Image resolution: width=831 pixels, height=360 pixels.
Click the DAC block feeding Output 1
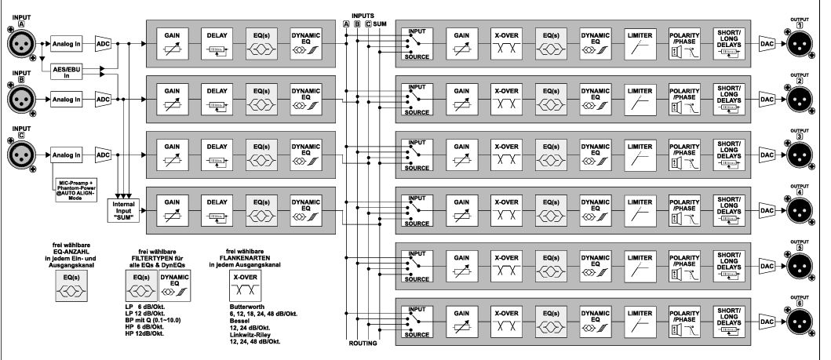tap(768, 45)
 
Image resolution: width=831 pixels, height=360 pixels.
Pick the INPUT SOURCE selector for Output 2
tap(417, 100)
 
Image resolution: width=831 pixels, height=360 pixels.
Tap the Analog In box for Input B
tap(68, 100)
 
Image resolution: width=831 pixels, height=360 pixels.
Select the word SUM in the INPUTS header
tap(381, 25)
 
